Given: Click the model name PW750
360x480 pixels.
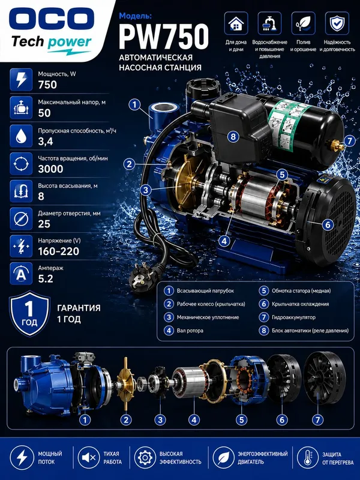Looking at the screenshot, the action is click(x=164, y=37).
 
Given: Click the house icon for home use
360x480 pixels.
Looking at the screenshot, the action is click(x=236, y=23).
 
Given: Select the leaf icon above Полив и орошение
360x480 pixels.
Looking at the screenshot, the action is click(x=303, y=23).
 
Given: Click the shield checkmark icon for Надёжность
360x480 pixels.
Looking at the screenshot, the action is click(x=337, y=23).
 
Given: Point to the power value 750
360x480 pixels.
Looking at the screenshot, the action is click(x=47, y=85).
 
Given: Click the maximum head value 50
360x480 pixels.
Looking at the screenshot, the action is click(x=44, y=113).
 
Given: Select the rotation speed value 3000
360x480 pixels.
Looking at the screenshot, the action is click(x=50, y=169).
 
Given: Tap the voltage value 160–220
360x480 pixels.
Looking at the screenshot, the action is click(x=58, y=251).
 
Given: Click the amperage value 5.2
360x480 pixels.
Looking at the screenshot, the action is click(x=46, y=279).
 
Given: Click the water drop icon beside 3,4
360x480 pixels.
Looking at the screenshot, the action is click(x=21, y=136).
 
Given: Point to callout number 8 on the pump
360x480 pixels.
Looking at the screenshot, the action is click(x=233, y=137).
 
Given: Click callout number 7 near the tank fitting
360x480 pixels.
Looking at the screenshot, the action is click(x=350, y=141).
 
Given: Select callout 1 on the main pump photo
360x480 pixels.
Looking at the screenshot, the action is click(x=134, y=104).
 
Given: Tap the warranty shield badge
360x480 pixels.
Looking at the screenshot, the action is click(x=29, y=313).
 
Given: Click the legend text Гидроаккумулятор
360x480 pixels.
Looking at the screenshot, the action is click(x=293, y=317).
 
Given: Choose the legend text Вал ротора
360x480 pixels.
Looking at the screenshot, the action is click(x=190, y=331).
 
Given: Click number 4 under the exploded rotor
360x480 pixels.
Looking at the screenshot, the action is click(x=194, y=419).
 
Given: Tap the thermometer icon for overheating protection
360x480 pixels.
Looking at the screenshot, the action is click(x=308, y=458).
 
